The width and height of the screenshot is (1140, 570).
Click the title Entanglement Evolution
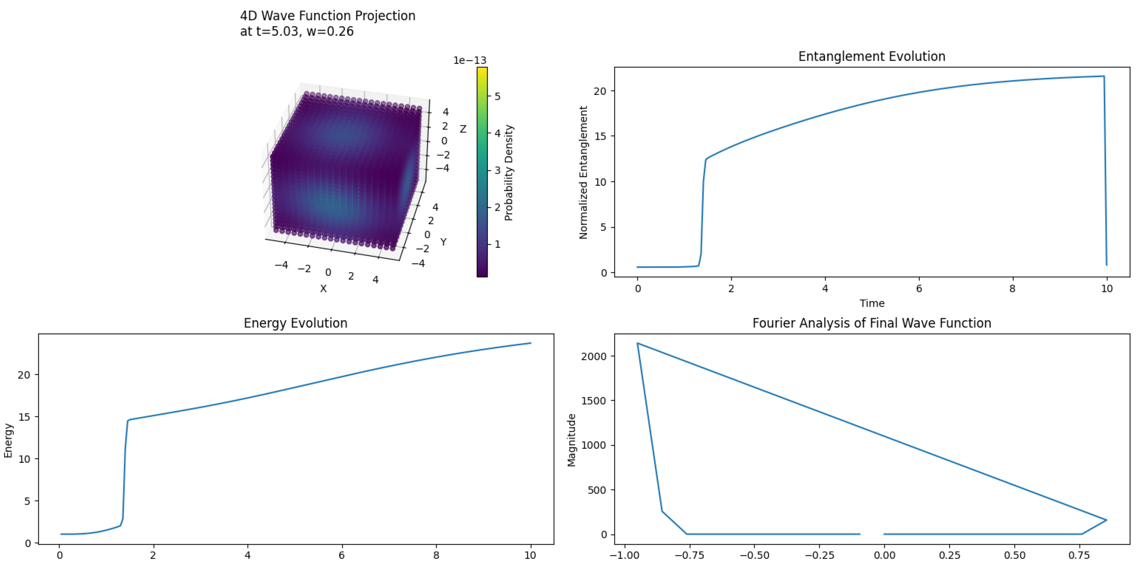tap(871, 57)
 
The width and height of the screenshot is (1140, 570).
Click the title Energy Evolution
tap(295, 323)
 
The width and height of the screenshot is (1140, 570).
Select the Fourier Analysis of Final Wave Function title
tap(871, 323)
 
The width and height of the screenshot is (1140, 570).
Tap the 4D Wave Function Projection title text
tap(328, 16)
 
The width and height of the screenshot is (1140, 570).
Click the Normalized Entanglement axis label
tap(583, 172)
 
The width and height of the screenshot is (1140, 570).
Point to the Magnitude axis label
tap(571, 440)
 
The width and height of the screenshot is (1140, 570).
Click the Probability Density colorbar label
tap(509, 172)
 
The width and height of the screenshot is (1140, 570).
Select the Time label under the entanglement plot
tap(871, 303)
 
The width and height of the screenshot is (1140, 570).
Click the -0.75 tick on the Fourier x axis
tap(689, 556)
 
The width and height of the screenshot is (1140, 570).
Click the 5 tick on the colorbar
tap(497, 96)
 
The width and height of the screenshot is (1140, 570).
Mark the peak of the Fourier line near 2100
tap(638, 343)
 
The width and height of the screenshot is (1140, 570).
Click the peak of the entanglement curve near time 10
tap(1103, 76)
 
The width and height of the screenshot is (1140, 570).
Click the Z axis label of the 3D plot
tap(463, 129)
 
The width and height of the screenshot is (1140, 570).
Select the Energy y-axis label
tap(8, 440)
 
